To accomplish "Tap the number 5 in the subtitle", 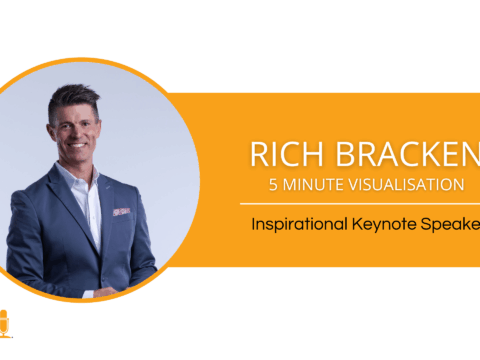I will coord(274,185).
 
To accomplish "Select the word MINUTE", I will coord(315,185).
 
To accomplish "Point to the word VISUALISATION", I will coord(410,185).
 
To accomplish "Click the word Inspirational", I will coord(299,226).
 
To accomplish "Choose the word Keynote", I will coord(384,226).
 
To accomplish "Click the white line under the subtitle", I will coord(360,204).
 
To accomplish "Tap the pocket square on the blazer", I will coord(121,212).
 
